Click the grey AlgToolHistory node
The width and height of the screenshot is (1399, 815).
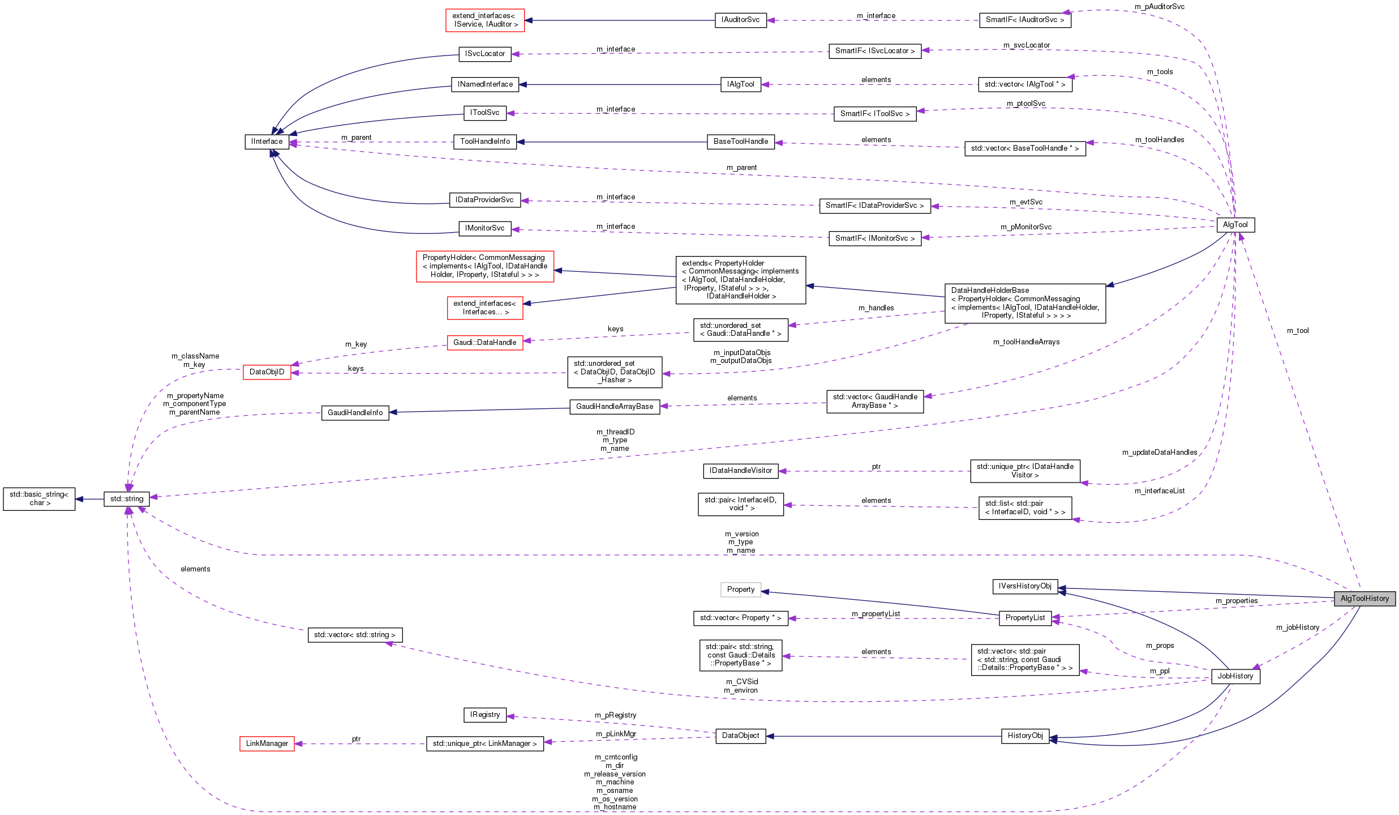click(x=1364, y=599)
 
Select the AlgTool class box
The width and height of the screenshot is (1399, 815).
click(x=1235, y=225)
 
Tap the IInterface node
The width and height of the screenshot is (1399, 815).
click(x=267, y=142)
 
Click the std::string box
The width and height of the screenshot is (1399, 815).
click(x=127, y=499)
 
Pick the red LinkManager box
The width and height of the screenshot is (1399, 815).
click(x=267, y=744)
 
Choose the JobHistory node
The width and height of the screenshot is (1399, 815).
click(x=1235, y=676)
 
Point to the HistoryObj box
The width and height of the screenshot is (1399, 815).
click(x=1025, y=736)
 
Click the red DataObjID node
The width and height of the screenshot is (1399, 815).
click(x=267, y=372)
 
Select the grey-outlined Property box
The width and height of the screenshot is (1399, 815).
click(x=740, y=590)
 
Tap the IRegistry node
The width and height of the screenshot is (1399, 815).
click(x=484, y=715)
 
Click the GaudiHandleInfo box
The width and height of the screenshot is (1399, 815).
click(x=355, y=413)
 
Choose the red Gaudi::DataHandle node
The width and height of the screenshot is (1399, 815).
click(x=484, y=343)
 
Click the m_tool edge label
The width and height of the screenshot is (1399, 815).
click(x=1298, y=331)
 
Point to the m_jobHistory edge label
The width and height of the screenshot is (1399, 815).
click(x=1297, y=628)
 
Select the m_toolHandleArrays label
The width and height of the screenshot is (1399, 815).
click(x=1026, y=342)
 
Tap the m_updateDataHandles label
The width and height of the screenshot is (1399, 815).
click(x=1160, y=453)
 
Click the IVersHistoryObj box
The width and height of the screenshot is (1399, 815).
click(x=1024, y=586)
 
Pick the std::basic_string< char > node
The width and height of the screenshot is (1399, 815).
click(x=39, y=499)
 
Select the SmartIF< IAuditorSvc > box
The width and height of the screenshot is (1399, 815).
click(x=1024, y=20)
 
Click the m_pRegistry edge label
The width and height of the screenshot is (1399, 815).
click(x=615, y=715)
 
